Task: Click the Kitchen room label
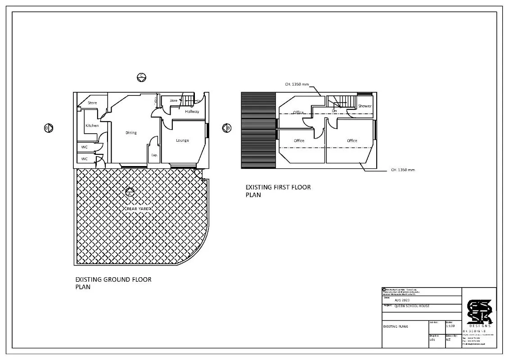[x=92, y=126]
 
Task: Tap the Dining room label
[x=131, y=133]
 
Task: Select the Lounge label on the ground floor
[x=182, y=140]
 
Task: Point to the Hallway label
[x=192, y=112]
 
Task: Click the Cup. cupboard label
[x=154, y=155]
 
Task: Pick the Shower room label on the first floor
[x=365, y=106]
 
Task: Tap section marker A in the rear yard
[x=130, y=192]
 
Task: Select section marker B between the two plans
[x=227, y=128]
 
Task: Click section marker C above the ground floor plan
[x=141, y=77]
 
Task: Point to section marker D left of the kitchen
[x=48, y=128]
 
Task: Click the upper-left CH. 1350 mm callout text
[x=297, y=84]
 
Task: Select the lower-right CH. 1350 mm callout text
[x=403, y=170]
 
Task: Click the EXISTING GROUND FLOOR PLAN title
[x=113, y=283]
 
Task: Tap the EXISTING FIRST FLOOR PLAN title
[x=278, y=191]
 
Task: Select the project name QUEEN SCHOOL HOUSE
[x=412, y=306]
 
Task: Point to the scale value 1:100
[x=450, y=326]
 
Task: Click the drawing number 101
[x=432, y=340]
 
